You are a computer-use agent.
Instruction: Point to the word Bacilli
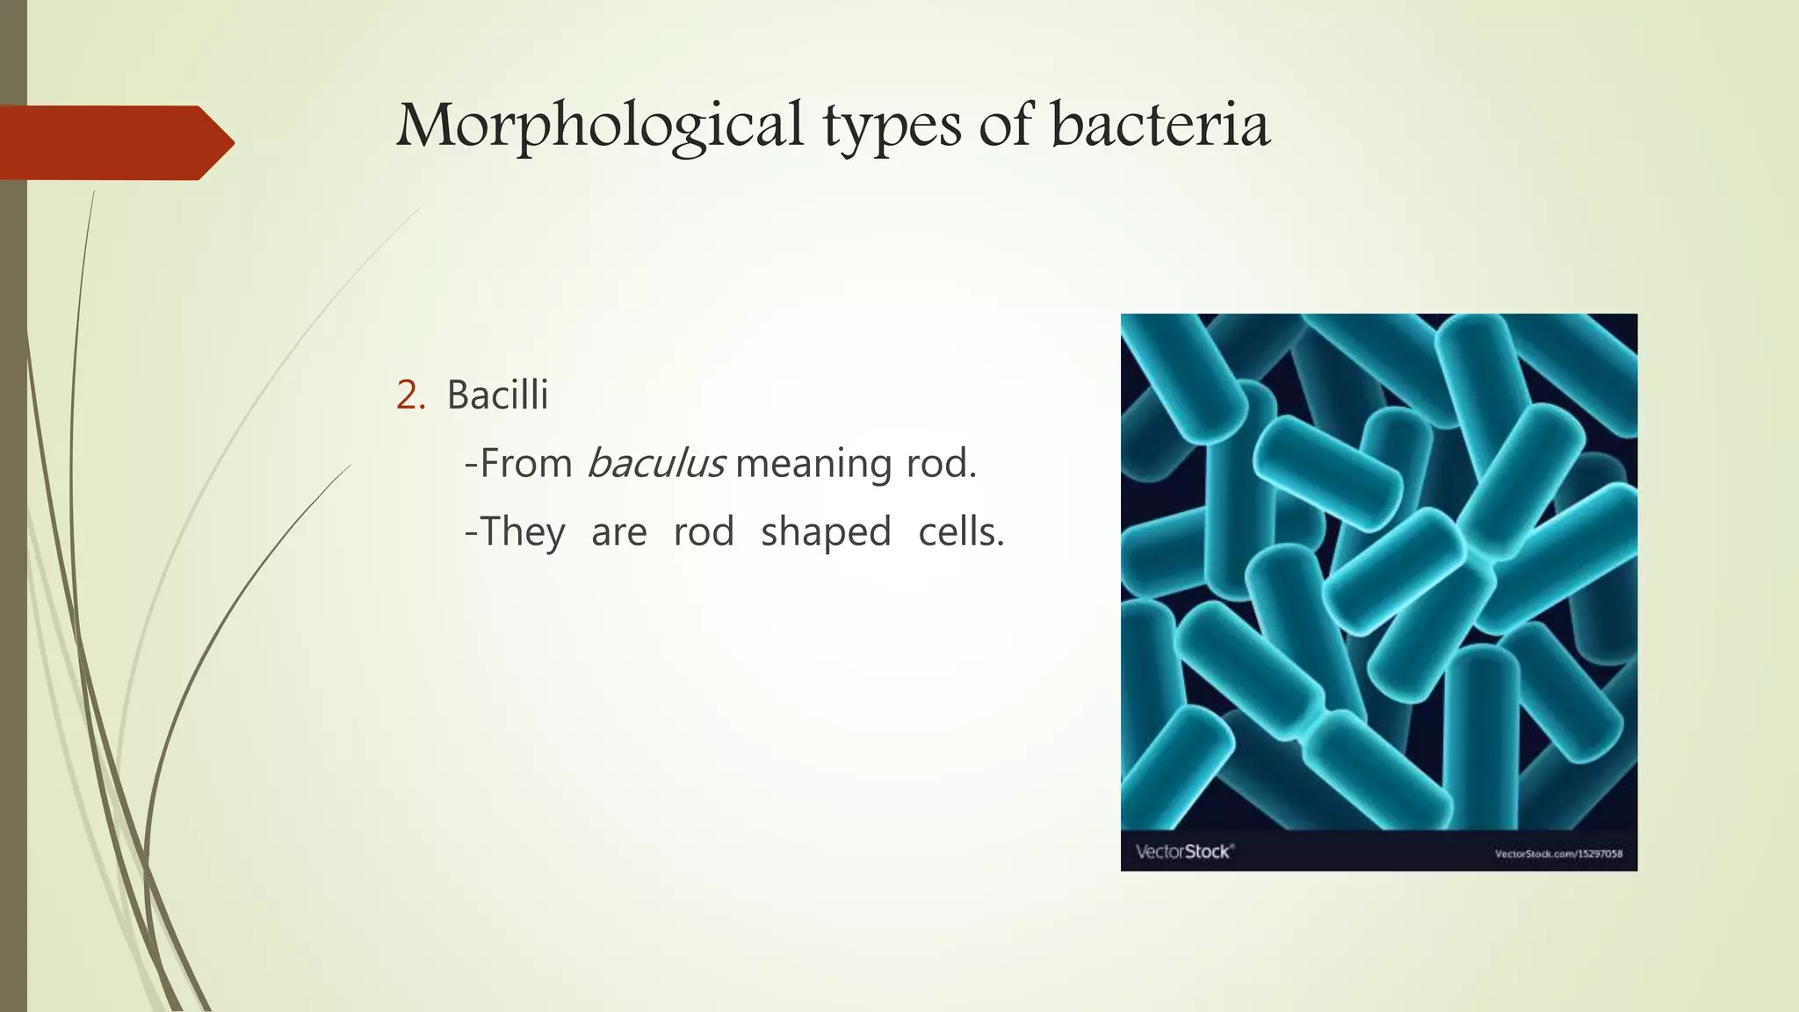(497, 394)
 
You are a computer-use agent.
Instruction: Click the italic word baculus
(655, 463)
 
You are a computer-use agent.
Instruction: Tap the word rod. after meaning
(941, 463)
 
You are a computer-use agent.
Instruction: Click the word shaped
(826, 532)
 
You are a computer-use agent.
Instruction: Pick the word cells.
(961, 531)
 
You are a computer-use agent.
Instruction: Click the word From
(525, 463)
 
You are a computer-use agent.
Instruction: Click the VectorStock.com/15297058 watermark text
(1558, 853)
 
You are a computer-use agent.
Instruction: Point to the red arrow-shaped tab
(114, 142)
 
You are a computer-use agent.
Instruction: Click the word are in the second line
(618, 532)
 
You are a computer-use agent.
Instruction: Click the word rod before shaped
(704, 532)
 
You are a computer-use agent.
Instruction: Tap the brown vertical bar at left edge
(13, 615)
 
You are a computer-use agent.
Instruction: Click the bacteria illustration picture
(1378, 571)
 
